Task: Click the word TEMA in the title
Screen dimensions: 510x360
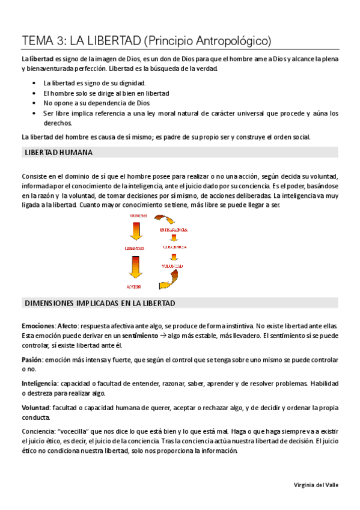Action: pos(37,41)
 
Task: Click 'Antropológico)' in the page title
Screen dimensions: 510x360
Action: pos(235,41)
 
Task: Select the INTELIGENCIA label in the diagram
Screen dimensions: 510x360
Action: pos(173,230)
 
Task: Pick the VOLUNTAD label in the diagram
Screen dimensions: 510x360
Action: pos(172,265)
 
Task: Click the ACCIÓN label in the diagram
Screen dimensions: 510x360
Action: pos(135,286)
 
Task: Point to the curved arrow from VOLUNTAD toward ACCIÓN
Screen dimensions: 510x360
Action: pos(168,278)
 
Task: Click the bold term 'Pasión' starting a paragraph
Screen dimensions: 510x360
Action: pos(31,360)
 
